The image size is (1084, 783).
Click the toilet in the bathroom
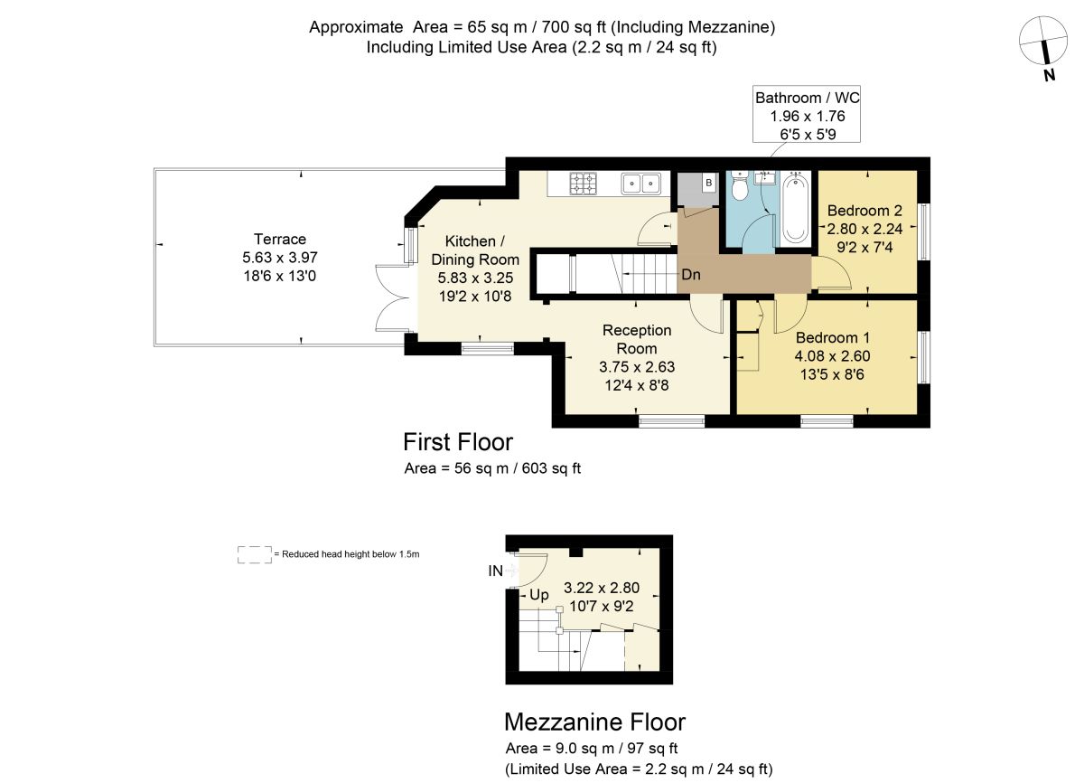pyautogui.click(x=740, y=187)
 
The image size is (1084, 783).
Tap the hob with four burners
pyautogui.click(x=584, y=184)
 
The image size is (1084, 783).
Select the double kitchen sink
pyautogui.click(x=642, y=184)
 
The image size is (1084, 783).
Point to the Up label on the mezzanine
pyautogui.click(x=539, y=595)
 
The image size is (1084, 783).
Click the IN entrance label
pyautogui.click(x=495, y=571)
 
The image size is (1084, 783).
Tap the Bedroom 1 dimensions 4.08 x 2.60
pyautogui.click(x=832, y=356)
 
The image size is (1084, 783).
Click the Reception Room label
pyautogui.click(x=637, y=339)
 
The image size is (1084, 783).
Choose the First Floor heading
pyautogui.click(x=458, y=442)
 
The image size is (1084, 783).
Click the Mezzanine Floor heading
pyautogui.click(x=594, y=722)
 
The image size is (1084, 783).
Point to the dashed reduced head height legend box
pyautogui.click(x=255, y=554)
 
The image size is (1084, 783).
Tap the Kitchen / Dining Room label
pyautogui.click(x=471, y=250)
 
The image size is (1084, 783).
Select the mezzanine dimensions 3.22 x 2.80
pyautogui.click(x=601, y=588)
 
